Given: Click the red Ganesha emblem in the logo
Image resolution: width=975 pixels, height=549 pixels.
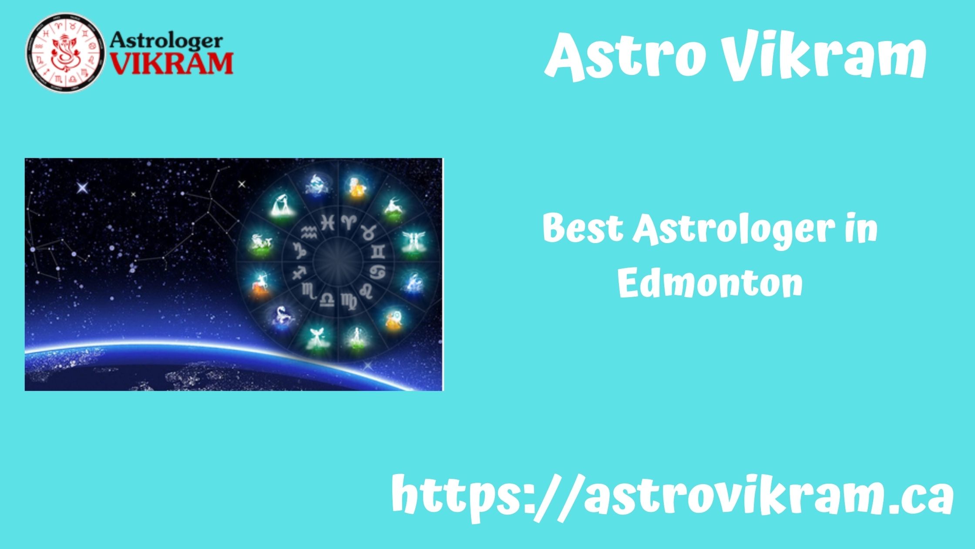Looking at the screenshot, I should tap(65, 52).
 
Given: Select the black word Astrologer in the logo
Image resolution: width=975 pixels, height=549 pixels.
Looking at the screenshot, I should tap(166, 41).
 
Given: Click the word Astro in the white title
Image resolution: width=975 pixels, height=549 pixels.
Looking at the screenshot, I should tap(625, 57).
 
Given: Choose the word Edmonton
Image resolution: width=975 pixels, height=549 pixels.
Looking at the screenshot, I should tap(710, 283).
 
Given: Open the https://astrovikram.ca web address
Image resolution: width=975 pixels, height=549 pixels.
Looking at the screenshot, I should tap(672, 497).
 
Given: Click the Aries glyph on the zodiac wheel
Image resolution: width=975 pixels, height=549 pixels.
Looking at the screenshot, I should tap(349, 222).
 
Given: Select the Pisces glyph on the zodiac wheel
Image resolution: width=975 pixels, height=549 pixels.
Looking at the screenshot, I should tap(327, 223).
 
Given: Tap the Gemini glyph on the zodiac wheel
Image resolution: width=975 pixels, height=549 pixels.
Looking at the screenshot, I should tap(378, 251).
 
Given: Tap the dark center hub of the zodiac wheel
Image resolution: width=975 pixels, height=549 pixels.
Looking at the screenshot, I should tap(338, 261).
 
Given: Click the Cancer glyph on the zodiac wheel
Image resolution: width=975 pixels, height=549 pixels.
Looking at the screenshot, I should tap(377, 272).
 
